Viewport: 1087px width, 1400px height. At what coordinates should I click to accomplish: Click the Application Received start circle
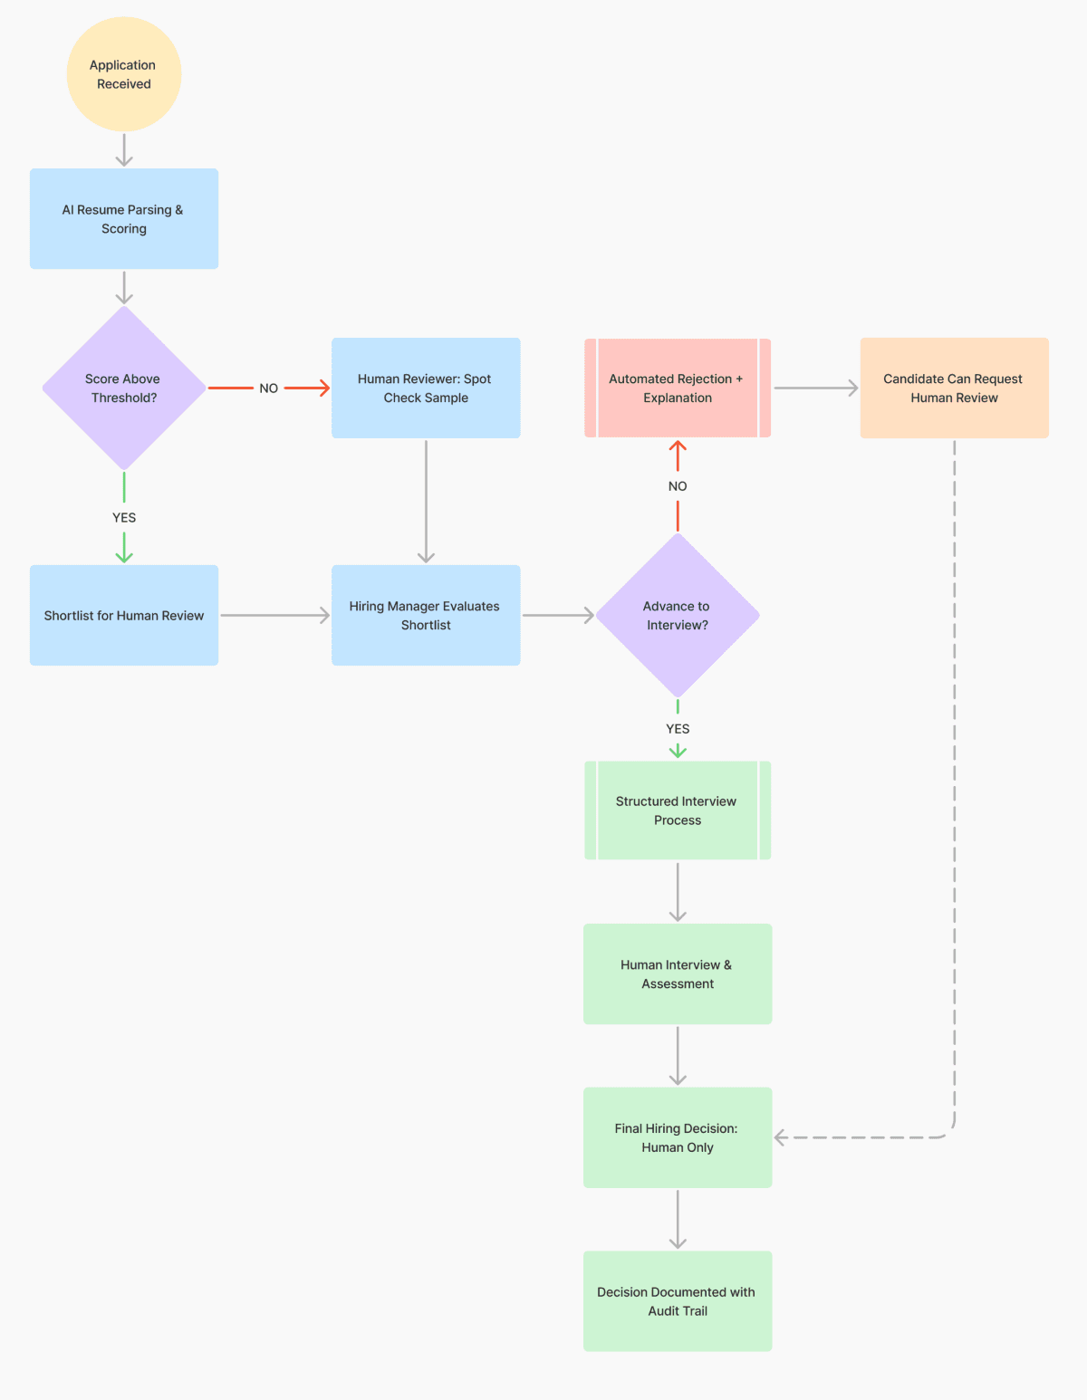click(124, 74)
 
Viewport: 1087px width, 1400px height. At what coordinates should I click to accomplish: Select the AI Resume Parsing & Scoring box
click(124, 219)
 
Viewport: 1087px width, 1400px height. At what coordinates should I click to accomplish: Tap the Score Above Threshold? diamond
click(124, 388)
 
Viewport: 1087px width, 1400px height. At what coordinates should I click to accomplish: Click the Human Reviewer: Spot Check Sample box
click(426, 388)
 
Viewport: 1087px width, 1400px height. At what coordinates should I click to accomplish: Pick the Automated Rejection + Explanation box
click(678, 388)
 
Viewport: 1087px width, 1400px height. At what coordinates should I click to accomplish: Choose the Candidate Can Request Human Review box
click(954, 388)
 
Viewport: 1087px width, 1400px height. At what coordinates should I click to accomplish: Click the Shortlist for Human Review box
click(124, 616)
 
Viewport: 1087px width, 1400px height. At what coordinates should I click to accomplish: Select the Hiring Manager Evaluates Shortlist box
click(426, 616)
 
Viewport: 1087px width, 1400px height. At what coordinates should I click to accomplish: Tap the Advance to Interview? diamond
click(678, 616)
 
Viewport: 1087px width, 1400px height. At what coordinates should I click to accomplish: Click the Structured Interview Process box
click(678, 810)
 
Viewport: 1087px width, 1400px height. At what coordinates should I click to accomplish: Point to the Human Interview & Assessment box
click(678, 974)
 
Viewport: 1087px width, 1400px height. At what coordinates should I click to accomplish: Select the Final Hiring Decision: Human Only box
click(678, 1137)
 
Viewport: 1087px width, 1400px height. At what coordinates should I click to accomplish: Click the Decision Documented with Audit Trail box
click(678, 1301)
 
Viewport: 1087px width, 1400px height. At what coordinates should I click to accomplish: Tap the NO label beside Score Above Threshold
click(269, 388)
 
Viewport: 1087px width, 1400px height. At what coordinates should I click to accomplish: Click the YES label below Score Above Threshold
click(124, 518)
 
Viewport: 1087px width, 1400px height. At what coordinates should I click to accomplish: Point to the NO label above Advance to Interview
click(678, 486)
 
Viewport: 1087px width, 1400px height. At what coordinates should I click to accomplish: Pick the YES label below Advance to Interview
click(678, 729)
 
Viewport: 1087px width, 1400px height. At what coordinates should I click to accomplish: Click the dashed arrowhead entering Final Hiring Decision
click(781, 1137)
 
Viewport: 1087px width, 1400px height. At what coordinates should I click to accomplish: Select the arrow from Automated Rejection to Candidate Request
click(815, 388)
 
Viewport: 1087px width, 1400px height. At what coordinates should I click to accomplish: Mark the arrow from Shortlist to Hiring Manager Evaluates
click(275, 616)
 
